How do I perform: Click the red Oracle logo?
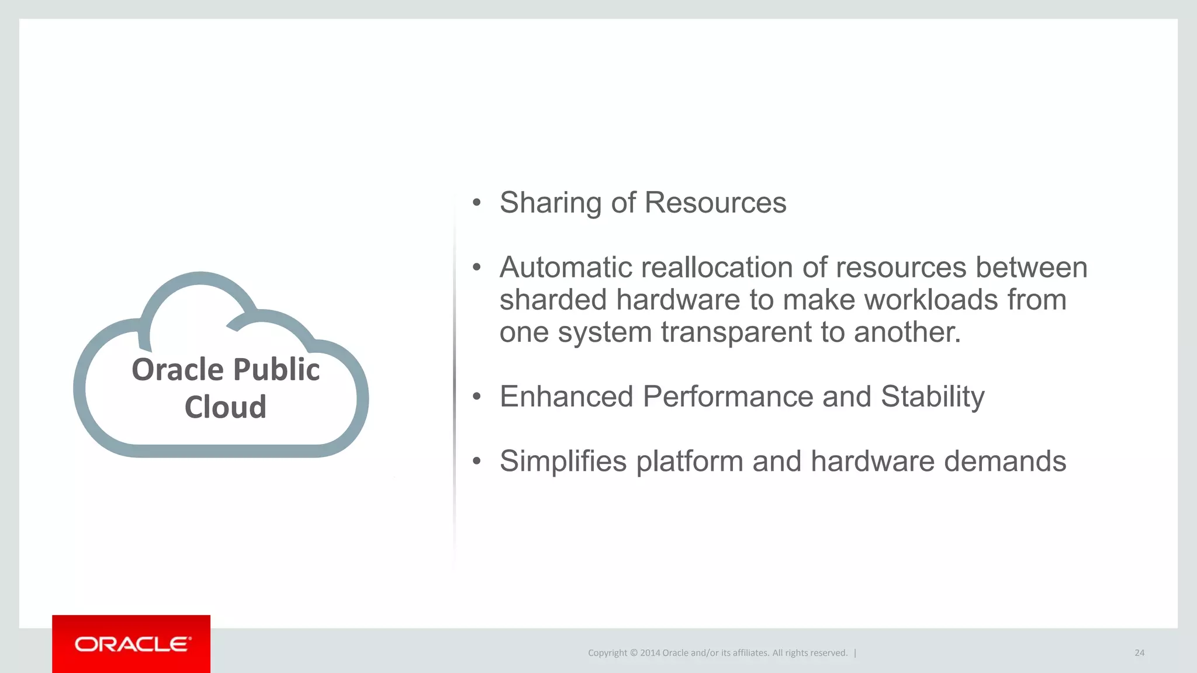132,644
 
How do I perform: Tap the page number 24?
1139,653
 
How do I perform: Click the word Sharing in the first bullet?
550,203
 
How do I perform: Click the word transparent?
736,332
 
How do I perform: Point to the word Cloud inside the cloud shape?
226,407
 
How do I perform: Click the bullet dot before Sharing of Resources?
477,203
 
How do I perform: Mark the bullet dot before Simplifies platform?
477,462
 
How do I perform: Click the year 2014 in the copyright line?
650,653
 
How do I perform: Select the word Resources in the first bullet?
715,203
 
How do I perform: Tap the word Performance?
728,397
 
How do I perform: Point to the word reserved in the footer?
826,653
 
